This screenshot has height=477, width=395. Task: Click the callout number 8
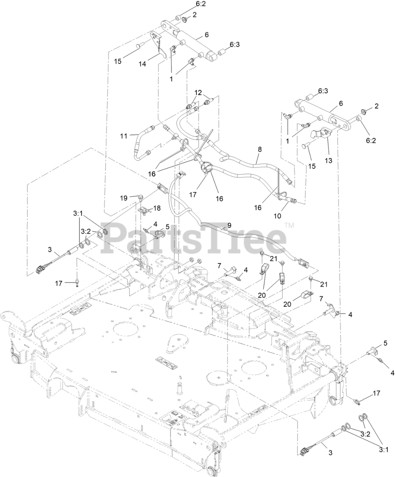(x=260, y=149)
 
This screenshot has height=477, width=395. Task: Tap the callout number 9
(x=229, y=225)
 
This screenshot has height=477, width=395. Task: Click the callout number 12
(x=198, y=92)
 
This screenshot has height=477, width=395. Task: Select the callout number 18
(x=157, y=208)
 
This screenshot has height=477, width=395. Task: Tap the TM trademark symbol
(x=289, y=225)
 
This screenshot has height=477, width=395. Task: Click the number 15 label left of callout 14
(x=118, y=61)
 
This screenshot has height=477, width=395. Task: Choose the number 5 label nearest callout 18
(x=167, y=226)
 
